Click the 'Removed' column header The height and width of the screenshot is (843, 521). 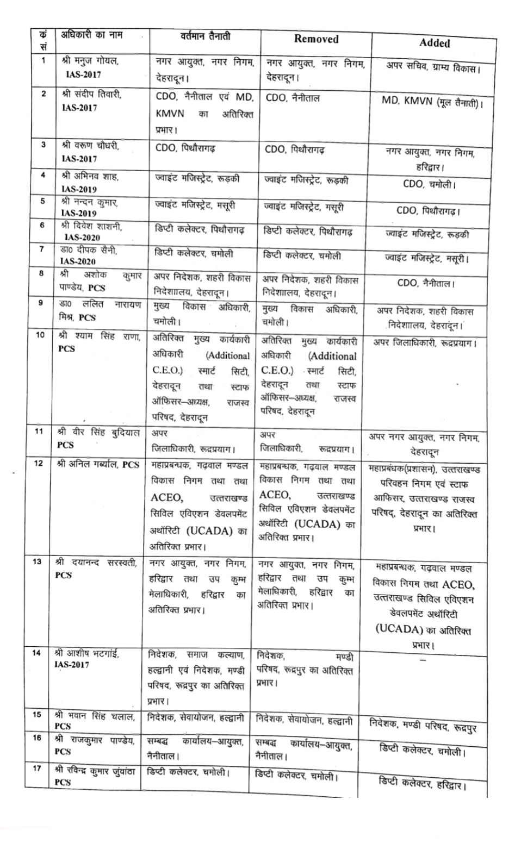coord(316,39)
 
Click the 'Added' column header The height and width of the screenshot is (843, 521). coord(434,43)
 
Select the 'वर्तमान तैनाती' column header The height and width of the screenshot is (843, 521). coord(205,36)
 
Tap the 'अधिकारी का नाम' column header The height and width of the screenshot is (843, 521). coord(91,36)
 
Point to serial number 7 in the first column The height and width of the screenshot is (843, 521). coord(41,249)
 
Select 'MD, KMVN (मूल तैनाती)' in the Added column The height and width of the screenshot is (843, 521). coord(433,103)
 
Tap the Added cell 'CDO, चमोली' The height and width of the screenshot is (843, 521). coord(429,184)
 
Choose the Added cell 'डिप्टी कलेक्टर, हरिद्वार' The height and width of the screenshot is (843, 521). coord(422,783)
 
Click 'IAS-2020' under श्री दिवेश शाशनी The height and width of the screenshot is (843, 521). coord(82,238)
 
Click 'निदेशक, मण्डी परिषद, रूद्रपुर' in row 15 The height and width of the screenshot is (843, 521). coord(423,725)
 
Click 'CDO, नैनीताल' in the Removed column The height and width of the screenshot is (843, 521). coord(293,98)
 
